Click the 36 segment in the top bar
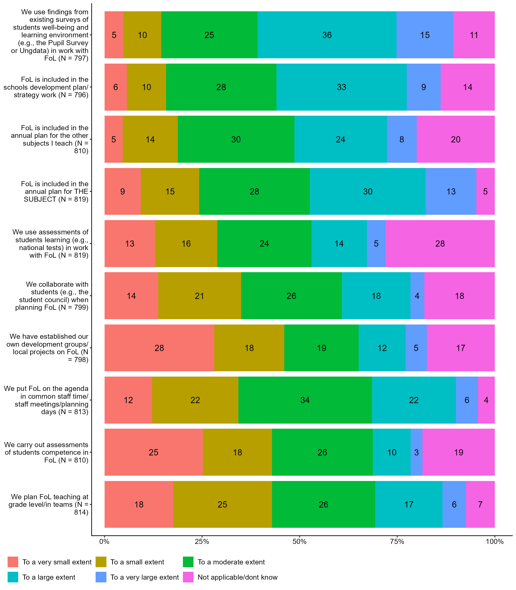tap(327, 35)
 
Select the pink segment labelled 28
tap(440, 244)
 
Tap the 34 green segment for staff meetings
tap(305, 400)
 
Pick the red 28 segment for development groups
tap(159, 348)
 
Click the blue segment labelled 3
tap(416, 452)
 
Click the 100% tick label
tap(494, 542)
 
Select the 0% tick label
tap(105, 542)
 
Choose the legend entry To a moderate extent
tap(231, 562)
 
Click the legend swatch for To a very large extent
tap(101, 577)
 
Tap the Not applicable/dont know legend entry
tap(237, 577)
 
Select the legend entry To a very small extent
tap(57, 562)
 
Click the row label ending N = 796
tap(46, 87)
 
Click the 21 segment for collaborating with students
tap(199, 296)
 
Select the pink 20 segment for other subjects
tap(456, 139)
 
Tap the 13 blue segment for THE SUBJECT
tap(451, 192)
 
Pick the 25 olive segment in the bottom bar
tap(222, 504)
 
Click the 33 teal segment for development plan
tap(341, 87)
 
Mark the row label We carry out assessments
tap(46, 452)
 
